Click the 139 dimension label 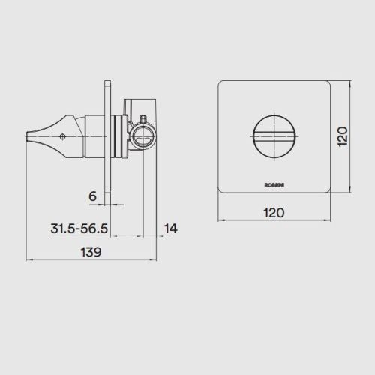click(91, 252)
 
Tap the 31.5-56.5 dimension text click(79, 229)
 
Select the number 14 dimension click(171, 229)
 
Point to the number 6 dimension click(92, 196)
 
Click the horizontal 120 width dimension click(274, 213)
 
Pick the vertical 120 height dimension click(343, 136)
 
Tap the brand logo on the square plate click(274, 185)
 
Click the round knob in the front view click(274, 136)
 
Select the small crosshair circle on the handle click(62, 136)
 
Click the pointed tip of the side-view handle click(27, 136)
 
